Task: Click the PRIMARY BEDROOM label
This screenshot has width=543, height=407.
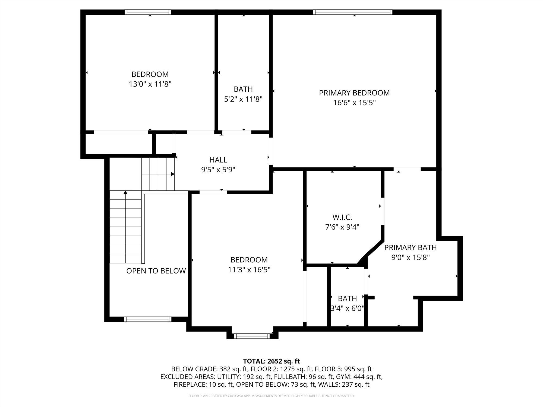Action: click(x=354, y=93)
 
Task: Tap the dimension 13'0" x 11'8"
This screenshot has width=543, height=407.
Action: click(x=150, y=84)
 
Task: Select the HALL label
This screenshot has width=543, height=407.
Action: click(x=218, y=160)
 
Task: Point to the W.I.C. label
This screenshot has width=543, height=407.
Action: click(x=342, y=217)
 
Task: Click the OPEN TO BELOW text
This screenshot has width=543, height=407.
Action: click(x=156, y=271)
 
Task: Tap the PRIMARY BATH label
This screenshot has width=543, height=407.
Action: click(x=410, y=247)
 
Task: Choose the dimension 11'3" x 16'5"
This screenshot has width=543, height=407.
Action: click(x=249, y=270)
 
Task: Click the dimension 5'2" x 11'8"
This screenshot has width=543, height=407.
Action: click(x=243, y=99)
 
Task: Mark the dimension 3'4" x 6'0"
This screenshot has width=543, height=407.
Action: click(x=347, y=308)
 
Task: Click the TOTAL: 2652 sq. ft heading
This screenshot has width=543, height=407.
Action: click(x=271, y=361)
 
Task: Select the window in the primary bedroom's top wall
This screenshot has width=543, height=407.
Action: click(x=352, y=12)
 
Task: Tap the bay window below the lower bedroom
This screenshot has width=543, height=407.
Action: click(x=252, y=336)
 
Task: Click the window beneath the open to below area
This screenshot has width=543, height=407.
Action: click(x=148, y=319)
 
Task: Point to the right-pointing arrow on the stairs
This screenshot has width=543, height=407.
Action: click(x=172, y=174)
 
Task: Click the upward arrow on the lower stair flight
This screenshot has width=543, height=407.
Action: click(x=125, y=193)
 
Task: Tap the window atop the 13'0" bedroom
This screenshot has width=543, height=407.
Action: click(x=148, y=12)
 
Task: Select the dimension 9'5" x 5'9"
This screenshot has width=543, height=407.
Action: click(x=218, y=170)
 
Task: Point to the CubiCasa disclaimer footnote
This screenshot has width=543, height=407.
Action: click(x=271, y=396)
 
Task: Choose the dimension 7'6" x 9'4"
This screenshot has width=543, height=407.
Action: click(x=342, y=227)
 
